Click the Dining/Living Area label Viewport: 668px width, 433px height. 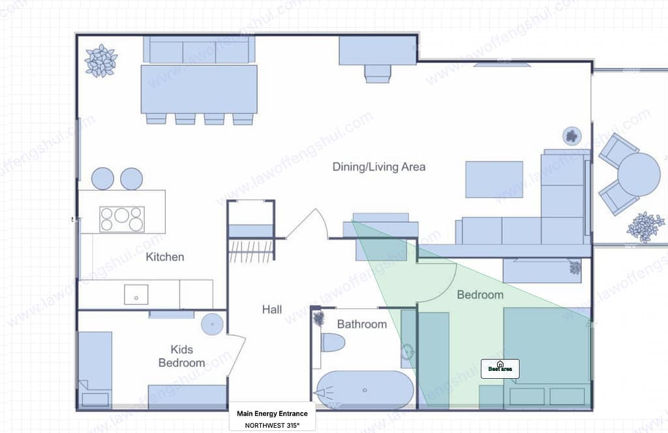point(378,167)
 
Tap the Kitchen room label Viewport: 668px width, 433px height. point(164,257)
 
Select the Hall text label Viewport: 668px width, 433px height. point(272,309)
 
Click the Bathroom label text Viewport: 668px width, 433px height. point(361,324)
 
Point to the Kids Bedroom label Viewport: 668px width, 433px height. point(181,356)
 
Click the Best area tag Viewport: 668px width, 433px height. point(500,368)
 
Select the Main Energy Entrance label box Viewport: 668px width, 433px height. point(272,418)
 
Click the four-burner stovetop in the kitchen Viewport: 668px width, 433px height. point(121,219)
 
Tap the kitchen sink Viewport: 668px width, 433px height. point(136,295)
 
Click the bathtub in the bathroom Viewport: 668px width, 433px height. point(365,390)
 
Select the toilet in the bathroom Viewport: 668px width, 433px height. point(333,342)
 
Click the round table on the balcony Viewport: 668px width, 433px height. point(639,174)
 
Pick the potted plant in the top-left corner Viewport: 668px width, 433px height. point(100,61)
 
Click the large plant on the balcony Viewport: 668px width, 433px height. point(645,227)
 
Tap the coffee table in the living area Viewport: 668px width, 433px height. point(494,179)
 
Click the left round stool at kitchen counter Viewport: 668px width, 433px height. point(102,178)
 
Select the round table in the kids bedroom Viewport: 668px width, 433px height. point(212,323)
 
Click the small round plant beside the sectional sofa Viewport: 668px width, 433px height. point(571,136)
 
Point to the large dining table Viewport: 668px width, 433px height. point(199,89)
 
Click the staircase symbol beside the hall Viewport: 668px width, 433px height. point(250,251)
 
